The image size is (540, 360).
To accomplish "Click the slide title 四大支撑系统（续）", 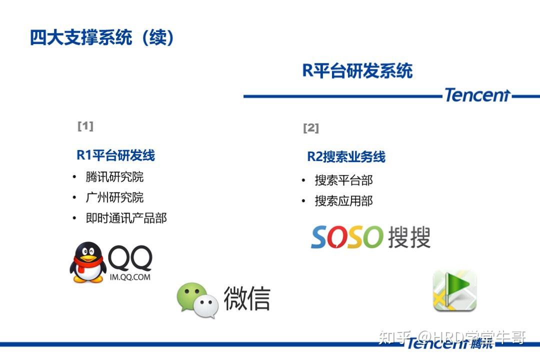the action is tap(102, 37).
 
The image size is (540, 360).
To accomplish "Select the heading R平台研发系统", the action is tap(357, 70).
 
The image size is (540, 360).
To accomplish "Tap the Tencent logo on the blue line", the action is tap(477, 94).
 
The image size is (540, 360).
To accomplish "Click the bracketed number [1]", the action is tap(85, 125).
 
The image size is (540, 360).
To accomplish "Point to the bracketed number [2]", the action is tap(311, 128).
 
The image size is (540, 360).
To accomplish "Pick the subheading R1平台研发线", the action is tap(115, 155).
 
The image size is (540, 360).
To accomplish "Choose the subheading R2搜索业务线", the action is tap(346, 156).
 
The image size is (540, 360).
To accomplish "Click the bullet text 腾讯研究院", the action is tap(114, 176).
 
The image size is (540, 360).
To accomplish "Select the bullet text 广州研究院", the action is tap(114, 197).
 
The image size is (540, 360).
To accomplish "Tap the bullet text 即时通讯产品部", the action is tap(126, 218).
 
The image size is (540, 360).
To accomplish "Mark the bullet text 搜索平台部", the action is tap(343, 180).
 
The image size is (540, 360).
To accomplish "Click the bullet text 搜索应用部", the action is tap(343, 201).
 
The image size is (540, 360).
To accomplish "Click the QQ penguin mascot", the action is tap(88, 262).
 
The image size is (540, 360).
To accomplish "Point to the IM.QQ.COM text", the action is tap(130, 277).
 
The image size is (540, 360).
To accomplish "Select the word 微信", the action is tap(247, 298).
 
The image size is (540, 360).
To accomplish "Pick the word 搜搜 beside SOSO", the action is tap(409, 237).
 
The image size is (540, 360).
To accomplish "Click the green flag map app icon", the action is tap(455, 290).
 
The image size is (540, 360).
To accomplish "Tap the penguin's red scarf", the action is tap(87, 263).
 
